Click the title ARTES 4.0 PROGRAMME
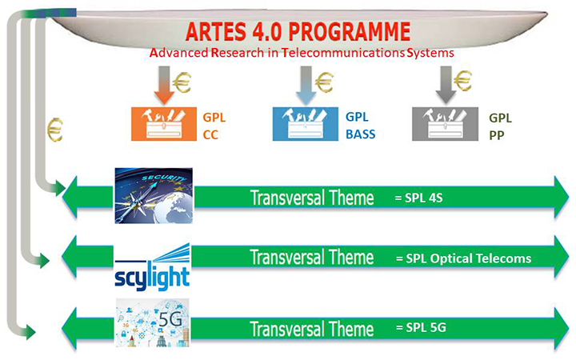(298, 31)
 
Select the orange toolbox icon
(164, 124)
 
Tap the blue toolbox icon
(306, 124)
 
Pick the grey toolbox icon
(446, 124)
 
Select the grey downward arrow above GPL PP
(446, 85)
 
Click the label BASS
(360, 134)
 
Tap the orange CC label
(210, 135)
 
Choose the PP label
(496, 135)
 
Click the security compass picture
(154, 196)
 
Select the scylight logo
(152, 267)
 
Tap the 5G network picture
(153, 323)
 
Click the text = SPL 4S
(418, 198)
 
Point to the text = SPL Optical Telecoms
(463, 258)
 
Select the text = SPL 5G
(421, 327)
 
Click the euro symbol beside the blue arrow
(324, 82)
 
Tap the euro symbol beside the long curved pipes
(55, 130)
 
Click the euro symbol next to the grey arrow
(463, 81)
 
